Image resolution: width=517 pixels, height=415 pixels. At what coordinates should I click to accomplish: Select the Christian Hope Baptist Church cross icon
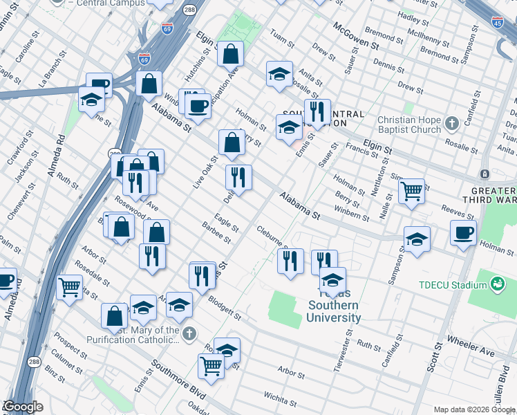(452, 124)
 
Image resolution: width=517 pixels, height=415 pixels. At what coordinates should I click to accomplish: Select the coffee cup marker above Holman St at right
(462, 232)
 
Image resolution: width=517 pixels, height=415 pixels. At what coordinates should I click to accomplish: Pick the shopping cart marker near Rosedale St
(69, 286)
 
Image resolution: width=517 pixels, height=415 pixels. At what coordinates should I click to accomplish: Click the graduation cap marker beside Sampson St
(417, 239)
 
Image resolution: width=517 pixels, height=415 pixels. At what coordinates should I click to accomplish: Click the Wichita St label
(280, 399)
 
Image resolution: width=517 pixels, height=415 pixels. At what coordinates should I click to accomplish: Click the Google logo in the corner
(23, 407)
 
